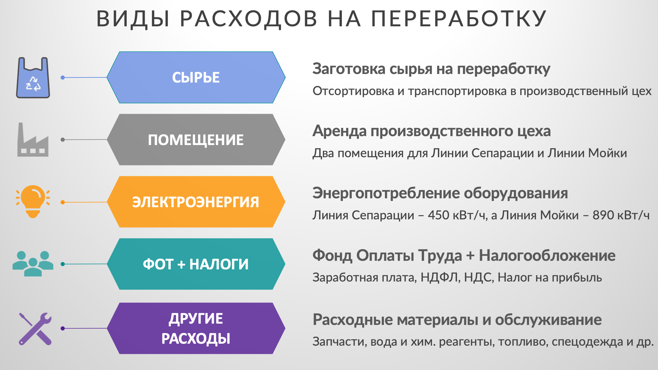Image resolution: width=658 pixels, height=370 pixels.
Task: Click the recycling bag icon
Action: pos(33,78)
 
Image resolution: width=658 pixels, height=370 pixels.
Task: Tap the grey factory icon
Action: pos(33,139)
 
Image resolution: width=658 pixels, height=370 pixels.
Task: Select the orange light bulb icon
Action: pos(33,201)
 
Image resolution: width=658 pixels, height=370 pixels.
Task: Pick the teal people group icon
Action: pos(33,263)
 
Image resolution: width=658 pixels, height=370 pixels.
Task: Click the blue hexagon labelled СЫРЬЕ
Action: pos(196,77)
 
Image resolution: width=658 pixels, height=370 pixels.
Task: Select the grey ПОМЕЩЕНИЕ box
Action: pos(196,139)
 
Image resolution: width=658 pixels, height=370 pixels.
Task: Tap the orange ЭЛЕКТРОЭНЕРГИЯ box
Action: pos(196,202)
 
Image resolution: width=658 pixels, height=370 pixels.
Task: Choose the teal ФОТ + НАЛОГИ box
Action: pos(196,264)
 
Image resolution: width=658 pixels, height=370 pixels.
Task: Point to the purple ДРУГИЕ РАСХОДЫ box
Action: pos(196,328)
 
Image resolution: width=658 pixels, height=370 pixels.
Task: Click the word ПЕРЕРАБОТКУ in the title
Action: pos(459,18)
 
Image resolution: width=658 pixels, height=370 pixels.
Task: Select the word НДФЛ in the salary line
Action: pos(440,278)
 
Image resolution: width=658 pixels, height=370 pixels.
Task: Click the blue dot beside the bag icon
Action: pos(63,78)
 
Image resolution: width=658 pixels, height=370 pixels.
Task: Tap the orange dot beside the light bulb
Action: pos(63,202)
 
